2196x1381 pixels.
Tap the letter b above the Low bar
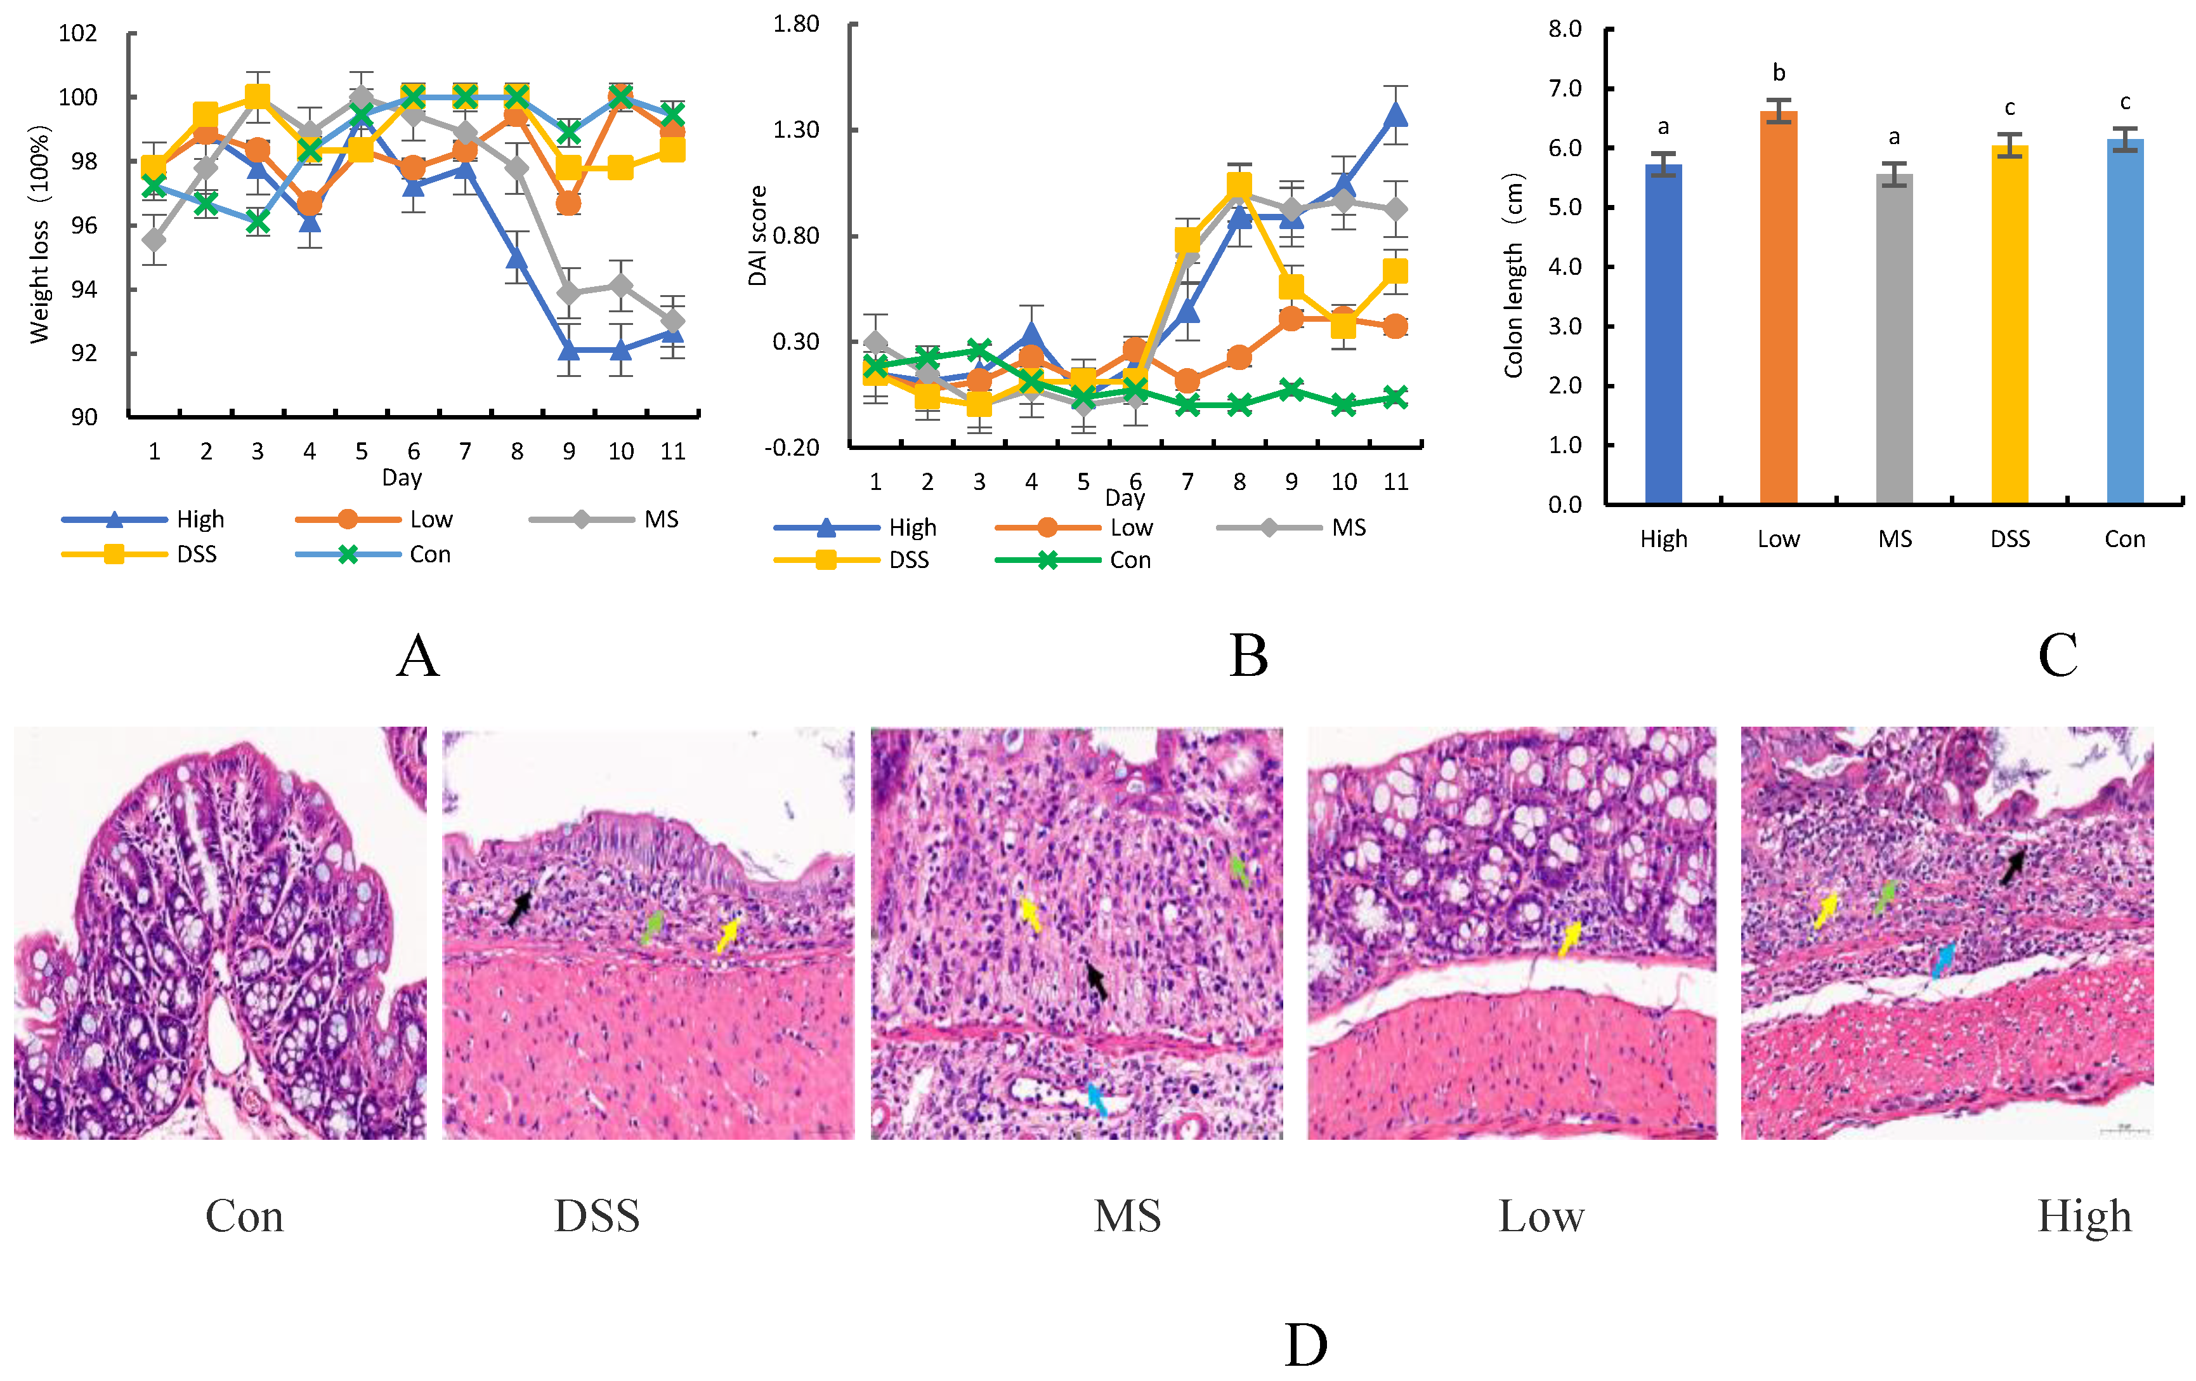pos(1779,73)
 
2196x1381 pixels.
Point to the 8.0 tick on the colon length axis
pos(1564,29)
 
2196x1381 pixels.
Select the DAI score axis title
pos(757,235)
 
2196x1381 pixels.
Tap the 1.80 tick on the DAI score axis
pos(795,23)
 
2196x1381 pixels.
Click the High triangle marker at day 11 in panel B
pos(1395,115)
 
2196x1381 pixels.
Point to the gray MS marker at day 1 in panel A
pos(154,240)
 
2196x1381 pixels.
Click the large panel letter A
pos(417,655)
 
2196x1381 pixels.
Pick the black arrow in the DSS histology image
pos(519,908)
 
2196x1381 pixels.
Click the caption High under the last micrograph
pos(2084,1216)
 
